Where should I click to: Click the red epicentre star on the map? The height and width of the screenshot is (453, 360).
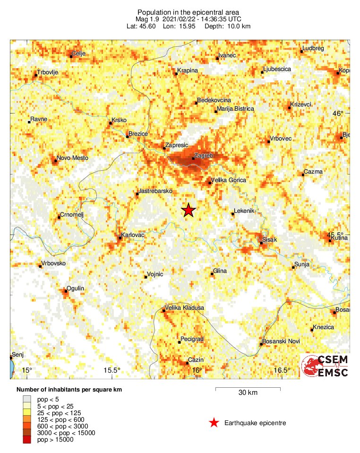click(189, 210)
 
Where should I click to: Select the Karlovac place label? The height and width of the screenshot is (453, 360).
click(133, 235)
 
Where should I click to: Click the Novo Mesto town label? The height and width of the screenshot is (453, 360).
click(72, 158)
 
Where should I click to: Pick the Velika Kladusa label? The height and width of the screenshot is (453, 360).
click(184, 308)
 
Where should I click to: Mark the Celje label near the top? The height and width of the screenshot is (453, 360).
click(78, 53)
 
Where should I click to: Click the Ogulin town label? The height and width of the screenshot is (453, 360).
click(76, 288)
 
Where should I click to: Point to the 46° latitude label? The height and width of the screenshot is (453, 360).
click(338, 113)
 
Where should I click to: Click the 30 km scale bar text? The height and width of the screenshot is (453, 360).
click(248, 392)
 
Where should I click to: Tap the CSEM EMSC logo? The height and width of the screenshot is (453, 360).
click(325, 366)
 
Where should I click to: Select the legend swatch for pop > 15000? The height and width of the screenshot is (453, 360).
click(28, 439)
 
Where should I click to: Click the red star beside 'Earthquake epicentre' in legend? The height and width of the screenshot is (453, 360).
click(214, 423)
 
